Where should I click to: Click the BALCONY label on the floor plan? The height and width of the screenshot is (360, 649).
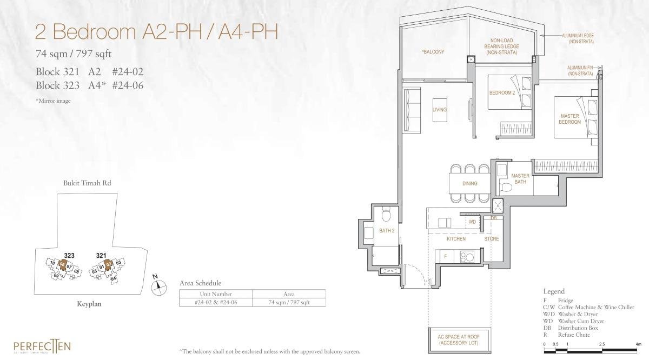coord(433,52)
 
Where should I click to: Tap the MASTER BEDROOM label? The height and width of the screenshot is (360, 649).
coord(569,119)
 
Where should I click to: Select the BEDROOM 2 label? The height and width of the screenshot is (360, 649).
coord(501,92)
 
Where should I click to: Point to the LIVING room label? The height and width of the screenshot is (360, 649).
coord(440,110)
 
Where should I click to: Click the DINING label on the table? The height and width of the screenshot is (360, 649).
coord(469,183)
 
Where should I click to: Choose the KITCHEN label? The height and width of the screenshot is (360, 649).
coord(456,238)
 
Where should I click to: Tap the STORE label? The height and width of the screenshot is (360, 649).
coord(492,238)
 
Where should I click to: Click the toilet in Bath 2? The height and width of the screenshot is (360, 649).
coord(385,216)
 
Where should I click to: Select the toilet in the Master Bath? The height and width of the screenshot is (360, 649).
coord(506,188)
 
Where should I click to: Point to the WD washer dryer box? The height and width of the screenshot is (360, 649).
coord(472,222)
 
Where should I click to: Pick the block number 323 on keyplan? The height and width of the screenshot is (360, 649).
coord(69,255)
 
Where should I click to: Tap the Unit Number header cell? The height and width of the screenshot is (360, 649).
coord(215,294)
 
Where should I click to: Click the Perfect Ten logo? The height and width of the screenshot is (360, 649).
coord(42,346)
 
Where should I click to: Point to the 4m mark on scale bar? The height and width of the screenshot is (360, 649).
coord(638,343)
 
